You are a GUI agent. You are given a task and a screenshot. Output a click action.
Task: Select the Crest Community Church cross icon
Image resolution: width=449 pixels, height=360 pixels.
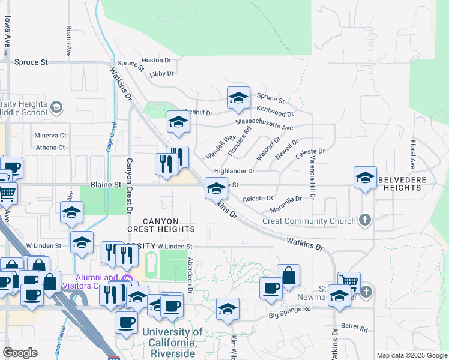pos(364,221)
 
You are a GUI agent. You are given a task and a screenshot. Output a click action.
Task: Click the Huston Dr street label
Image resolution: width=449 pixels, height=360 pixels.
pos(156,61)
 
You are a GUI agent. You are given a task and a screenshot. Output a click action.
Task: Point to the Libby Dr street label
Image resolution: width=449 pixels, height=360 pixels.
pos(161,74)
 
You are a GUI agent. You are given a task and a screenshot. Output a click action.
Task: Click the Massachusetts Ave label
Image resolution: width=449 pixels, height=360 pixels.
pos(264,124)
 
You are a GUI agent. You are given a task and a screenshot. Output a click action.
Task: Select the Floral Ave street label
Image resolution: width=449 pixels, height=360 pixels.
pos(412,154)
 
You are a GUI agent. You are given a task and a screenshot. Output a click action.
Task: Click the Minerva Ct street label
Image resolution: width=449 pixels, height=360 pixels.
pos(50,136)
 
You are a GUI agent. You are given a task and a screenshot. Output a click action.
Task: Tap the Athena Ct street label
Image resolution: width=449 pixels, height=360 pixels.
pos(50,148)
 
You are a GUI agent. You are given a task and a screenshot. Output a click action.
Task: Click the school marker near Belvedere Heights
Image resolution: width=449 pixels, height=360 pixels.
pos(365,178)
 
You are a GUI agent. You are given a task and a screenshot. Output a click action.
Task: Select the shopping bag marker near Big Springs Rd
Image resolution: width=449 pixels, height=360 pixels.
pos(289,275)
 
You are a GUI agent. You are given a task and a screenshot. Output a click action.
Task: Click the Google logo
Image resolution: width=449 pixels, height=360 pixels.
pos(20,353)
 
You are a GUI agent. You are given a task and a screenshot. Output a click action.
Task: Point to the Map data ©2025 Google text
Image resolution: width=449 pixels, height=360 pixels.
pos(411,355)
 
